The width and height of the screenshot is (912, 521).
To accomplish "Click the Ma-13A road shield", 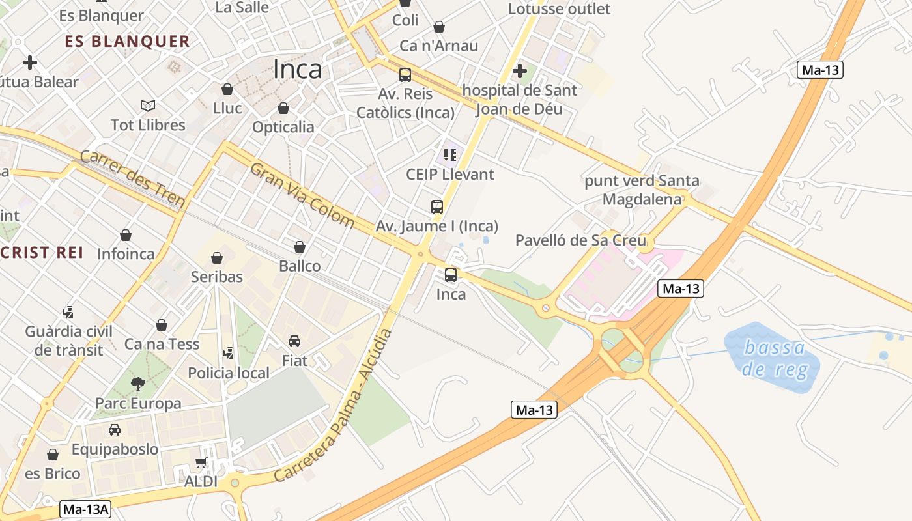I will click(x=85, y=509).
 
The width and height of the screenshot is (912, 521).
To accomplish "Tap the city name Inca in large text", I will click(x=298, y=69).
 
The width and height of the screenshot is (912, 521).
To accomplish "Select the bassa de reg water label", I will click(x=775, y=359).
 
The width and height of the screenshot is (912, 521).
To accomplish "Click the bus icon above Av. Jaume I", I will click(x=437, y=207).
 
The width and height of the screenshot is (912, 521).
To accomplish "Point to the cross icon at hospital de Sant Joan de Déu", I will click(x=520, y=70).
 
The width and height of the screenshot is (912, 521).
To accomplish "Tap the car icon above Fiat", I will click(x=294, y=341).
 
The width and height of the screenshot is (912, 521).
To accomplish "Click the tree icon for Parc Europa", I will click(x=137, y=384).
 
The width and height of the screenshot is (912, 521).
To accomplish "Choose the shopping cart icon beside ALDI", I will click(x=202, y=463).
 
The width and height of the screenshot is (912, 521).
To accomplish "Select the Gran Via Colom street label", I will click(x=302, y=195).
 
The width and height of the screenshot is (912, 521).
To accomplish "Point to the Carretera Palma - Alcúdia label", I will click(x=334, y=406).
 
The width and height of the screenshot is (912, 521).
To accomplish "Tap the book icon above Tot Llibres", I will click(x=148, y=106).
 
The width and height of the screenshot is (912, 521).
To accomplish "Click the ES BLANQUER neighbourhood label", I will click(x=128, y=42).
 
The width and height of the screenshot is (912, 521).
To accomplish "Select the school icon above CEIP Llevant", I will click(x=449, y=155).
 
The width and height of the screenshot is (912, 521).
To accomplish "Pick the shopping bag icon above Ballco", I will click(x=300, y=247).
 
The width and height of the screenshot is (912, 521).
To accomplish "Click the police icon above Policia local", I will click(x=228, y=354).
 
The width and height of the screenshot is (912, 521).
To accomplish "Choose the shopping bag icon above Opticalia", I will click(x=283, y=108).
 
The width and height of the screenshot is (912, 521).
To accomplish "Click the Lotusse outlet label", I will click(x=559, y=9).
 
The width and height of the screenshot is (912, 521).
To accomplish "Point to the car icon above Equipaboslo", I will click(x=115, y=430).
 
